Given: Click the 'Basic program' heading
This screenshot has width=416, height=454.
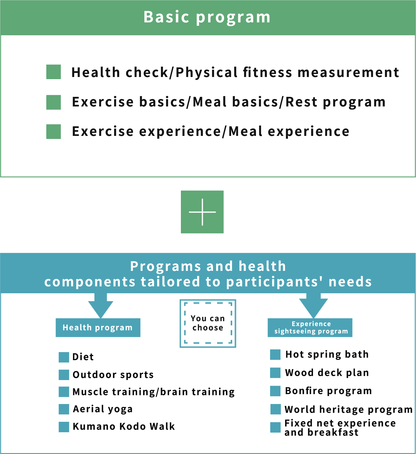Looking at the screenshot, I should pyautogui.click(x=207, y=17).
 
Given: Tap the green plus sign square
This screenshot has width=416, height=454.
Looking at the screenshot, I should pyautogui.click(x=202, y=212).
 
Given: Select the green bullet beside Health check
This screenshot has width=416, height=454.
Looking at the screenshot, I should pyautogui.click(x=54, y=72).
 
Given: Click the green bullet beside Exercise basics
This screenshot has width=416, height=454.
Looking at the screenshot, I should pyautogui.click(x=54, y=102).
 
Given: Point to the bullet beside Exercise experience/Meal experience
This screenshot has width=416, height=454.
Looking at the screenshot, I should pyautogui.click(x=54, y=132).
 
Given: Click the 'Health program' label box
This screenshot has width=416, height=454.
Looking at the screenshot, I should pyautogui.click(x=98, y=328).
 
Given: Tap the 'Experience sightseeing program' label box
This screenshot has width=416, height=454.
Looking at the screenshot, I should pyautogui.click(x=310, y=328).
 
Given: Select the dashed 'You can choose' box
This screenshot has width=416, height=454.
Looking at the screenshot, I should pyautogui.click(x=208, y=323).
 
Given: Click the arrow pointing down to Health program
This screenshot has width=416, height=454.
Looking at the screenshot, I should pyautogui.click(x=101, y=305).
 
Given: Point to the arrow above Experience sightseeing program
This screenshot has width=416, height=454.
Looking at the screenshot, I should pyautogui.click(x=313, y=305).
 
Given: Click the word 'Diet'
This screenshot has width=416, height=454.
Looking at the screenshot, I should pyautogui.click(x=83, y=357).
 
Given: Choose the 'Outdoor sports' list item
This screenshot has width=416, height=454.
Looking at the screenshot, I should pyautogui.click(x=113, y=375).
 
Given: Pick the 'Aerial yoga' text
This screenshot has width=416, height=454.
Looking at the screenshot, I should pyautogui.click(x=103, y=409).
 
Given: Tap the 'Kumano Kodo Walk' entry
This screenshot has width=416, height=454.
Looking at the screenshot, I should pyautogui.click(x=124, y=426).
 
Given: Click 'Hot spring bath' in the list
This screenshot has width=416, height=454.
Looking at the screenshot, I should pyautogui.click(x=327, y=354).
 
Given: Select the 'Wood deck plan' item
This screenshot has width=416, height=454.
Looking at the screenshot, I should pyautogui.click(x=327, y=373).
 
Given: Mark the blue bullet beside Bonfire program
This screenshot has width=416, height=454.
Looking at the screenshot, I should pyautogui.click(x=275, y=391).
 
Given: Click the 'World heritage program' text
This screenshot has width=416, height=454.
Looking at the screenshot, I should pyautogui.click(x=349, y=410).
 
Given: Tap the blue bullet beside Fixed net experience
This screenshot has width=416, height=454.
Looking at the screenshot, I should pyautogui.click(x=275, y=427).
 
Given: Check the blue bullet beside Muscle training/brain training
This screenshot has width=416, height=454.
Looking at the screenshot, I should pyautogui.click(x=64, y=392).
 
